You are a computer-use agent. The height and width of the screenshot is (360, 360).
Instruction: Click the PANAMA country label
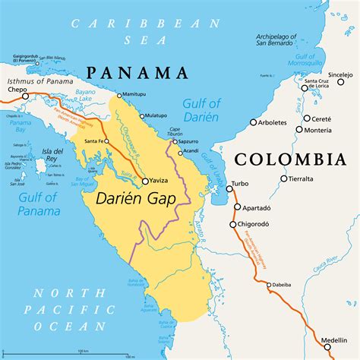137,73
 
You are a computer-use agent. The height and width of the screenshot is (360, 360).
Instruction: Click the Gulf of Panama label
28,205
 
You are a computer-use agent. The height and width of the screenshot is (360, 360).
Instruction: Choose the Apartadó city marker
237,206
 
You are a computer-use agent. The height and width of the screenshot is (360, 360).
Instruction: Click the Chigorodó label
262,225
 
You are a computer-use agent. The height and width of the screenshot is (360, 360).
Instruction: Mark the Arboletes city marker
253,122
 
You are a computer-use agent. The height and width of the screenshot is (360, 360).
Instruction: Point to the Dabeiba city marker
268,285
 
